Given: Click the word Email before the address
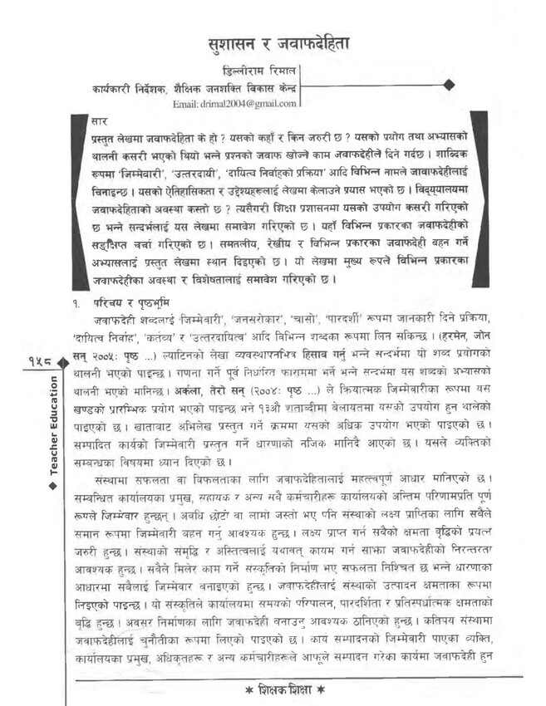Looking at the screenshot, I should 185,104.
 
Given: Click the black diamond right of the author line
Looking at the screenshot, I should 449,84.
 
